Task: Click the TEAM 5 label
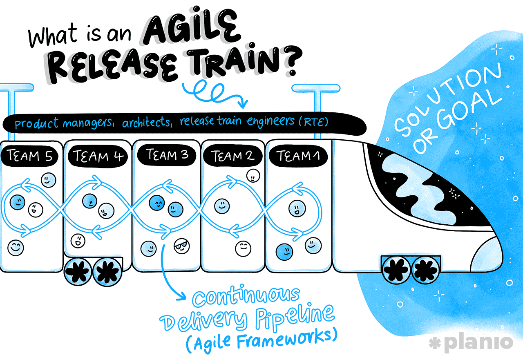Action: click(x=29, y=156)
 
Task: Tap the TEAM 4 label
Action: click(x=98, y=156)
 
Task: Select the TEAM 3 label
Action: click(x=166, y=155)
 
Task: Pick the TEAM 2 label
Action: click(x=232, y=156)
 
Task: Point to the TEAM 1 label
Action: click(x=298, y=156)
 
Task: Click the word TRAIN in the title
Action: click(x=233, y=60)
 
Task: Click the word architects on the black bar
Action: click(x=147, y=122)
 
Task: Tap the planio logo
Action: click(x=471, y=343)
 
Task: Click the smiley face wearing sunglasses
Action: click(x=182, y=246)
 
